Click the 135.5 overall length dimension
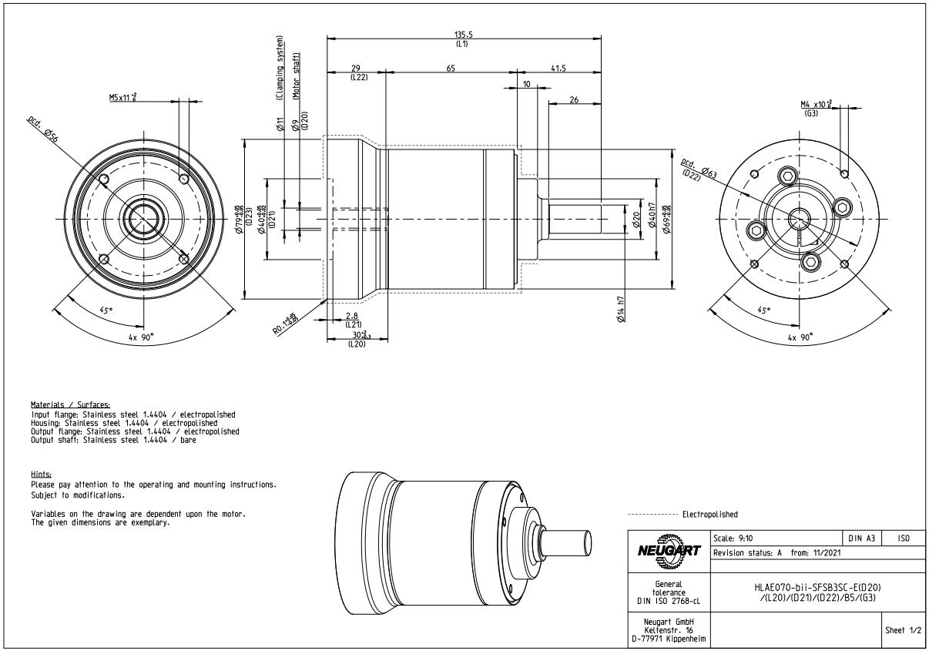tap(464, 34)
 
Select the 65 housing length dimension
tap(450, 69)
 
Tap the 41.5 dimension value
tap(558, 69)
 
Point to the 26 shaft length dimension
tap(574, 100)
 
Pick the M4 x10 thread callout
tap(816, 103)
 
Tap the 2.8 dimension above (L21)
tap(351, 316)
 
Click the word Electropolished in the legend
tap(709, 513)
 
